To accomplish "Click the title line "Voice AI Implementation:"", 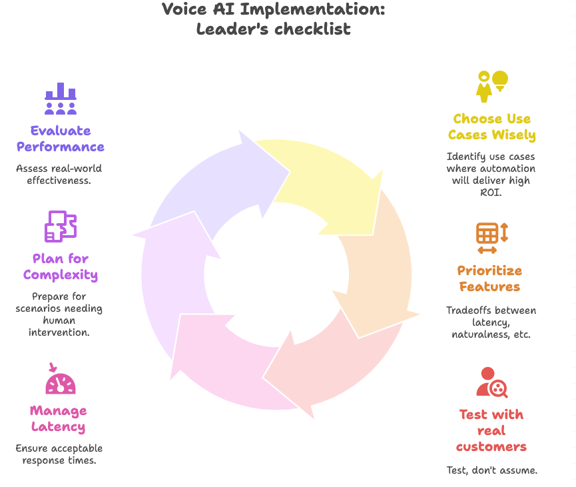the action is point(273,10).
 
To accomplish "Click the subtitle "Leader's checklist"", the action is point(273,29).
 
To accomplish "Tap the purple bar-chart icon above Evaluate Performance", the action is point(61,99).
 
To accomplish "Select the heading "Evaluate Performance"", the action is point(61,139).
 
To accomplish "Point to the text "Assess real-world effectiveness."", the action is point(59,175).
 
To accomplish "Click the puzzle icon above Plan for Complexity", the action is point(61,227).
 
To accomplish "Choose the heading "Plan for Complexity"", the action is point(61,266).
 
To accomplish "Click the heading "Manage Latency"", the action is point(59,419).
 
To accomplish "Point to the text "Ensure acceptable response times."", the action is point(59,454).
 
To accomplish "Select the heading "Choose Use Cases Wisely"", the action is point(491,127).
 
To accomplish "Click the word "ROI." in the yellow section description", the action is point(491,192).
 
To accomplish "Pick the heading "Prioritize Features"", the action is point(489,278).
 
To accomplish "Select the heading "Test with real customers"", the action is point(491,430).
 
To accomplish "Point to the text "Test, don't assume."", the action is point(491,470).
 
